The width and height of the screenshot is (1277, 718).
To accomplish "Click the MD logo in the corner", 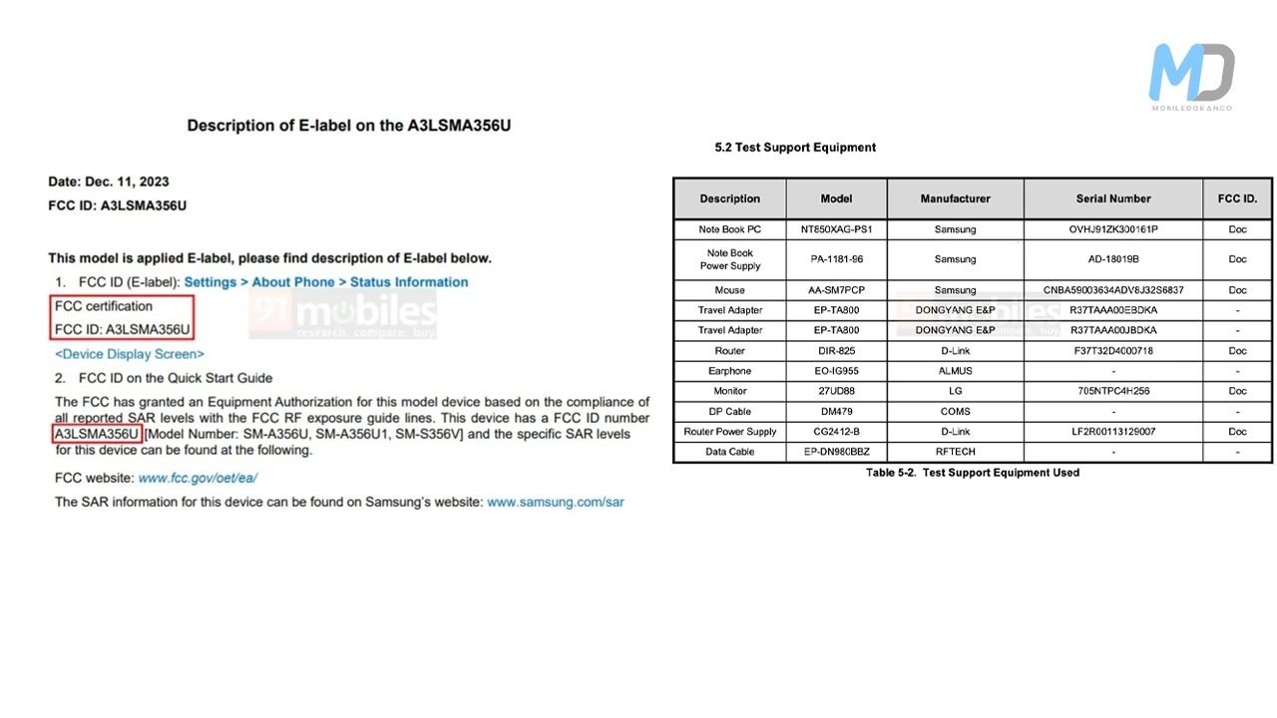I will [x=1191, y=75].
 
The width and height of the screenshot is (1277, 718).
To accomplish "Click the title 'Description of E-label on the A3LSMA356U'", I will [x=349, y=127].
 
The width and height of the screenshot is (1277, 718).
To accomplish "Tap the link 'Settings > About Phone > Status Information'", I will [x=325, y=282].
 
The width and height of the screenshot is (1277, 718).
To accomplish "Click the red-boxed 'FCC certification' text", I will [x=104, y=306].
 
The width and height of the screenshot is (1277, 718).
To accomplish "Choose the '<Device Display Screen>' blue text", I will [x=130, y=354].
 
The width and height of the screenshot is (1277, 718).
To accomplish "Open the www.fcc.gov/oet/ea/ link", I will [x=198, y=479].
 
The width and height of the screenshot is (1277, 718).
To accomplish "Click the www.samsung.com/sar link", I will [x=555, y=502].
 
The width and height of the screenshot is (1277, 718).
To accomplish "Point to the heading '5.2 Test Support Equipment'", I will [x=795, y=148].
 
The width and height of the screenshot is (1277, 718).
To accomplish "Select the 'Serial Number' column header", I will [x=1113, y=198].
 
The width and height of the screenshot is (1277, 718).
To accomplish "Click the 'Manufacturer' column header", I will [x=955, y=198].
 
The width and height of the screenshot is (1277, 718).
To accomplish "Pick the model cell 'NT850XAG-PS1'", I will [x=836, y=229].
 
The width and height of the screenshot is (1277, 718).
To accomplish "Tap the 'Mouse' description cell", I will [x=729, y=290].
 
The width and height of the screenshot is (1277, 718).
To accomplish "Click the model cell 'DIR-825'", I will [x=836, y=351].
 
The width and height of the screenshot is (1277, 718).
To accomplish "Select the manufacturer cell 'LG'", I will [x=955, y=391].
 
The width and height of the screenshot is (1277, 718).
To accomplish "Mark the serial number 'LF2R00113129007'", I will [x=1112, y=432].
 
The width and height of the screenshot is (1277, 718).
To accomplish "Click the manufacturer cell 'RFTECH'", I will [x=955, y=452].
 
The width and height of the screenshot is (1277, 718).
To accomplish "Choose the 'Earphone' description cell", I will [x=729, y=371].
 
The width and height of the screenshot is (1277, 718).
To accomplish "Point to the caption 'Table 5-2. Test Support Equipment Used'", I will [x=972, y=473].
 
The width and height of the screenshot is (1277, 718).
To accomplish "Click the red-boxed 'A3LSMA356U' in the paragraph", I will [x=97, y=435].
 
